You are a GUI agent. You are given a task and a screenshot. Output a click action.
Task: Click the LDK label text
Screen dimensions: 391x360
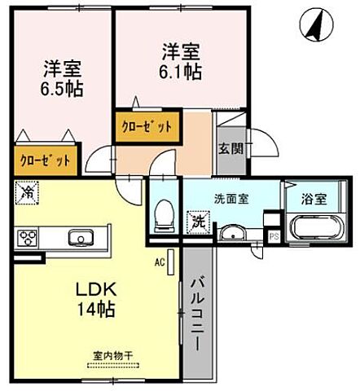tap(95, 290)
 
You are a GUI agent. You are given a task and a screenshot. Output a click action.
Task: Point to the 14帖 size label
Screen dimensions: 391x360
tap(95, 310)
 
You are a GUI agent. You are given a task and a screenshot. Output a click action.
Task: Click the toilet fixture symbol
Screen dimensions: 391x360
tap(164, 215)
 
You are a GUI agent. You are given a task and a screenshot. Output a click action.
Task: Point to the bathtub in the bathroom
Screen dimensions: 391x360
tap(314, 226)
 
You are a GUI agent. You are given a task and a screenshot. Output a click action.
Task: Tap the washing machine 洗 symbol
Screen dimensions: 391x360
tap(197, 220)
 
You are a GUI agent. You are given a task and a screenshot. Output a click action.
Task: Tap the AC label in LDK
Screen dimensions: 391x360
tap(160, 262)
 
